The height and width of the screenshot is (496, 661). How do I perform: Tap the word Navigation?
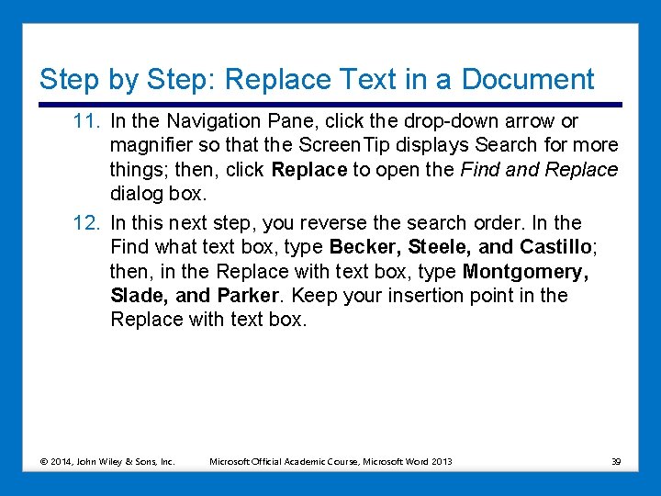(207, 121)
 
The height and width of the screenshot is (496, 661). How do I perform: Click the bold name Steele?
(440, 247)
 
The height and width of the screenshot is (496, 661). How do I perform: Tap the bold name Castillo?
(555, 247)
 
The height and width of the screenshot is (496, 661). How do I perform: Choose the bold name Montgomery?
(524, 271)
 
